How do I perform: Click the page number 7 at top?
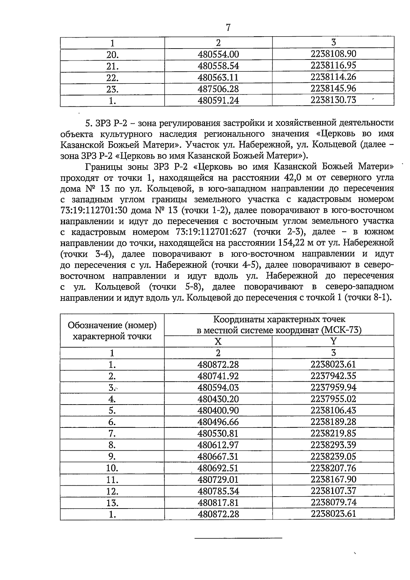pyautogui.click(x=228, y=28)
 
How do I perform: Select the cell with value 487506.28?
pyautogui.click(x=218, y=89)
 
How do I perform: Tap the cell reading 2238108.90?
pyautogui.click(x=333, y=54)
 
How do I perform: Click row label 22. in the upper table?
pyautogui.click(x=112, y=78)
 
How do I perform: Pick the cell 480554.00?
pyautogui.click(x=218, y=54)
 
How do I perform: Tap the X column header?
pyautogui.click(x=218, y=341)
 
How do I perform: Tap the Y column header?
pyautogui.click(x=333, y=341)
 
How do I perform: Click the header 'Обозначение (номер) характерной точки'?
pyautogui.click(x=112, y=330)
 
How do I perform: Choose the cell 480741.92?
pyautogui.click(x=218, y=376)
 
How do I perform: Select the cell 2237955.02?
pyautogui.click(x=333, y=399)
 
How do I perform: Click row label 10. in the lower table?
pyautogui.click(x=112, y=468)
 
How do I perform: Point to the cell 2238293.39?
pyautogui.click(x=333, y=445)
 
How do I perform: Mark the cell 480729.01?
pyautogui.click(x=218, y=479)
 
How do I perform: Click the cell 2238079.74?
pyautogui.click(x=333, y=502)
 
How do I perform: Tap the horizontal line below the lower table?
pyautogui.click(x=238, y=538)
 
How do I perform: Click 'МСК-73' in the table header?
pyautogui.click(x=342, y=330)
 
